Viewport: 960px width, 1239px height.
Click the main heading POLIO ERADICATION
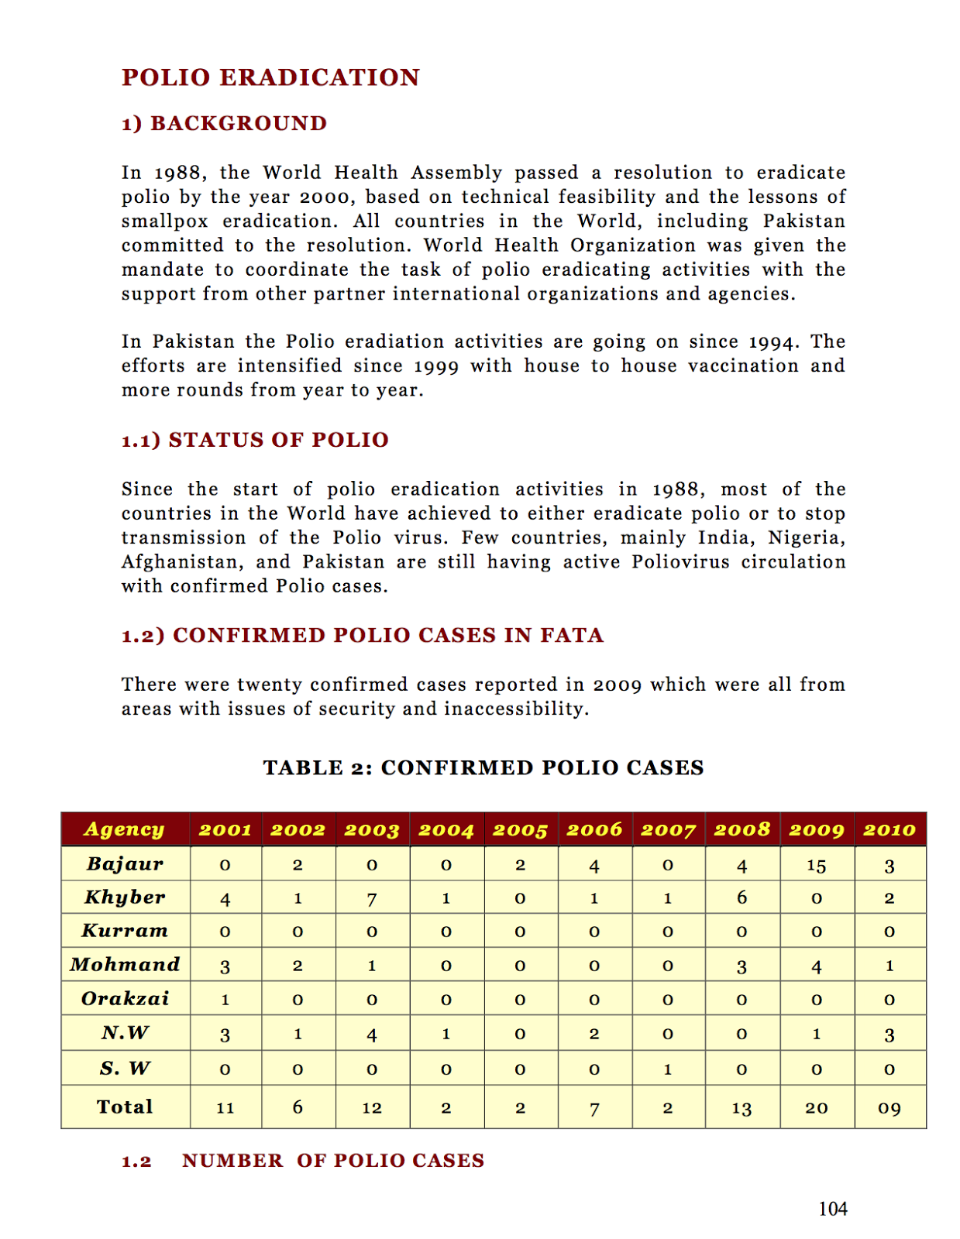[x=270, y=77]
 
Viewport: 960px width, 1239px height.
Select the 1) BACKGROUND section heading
[x=224, y=123]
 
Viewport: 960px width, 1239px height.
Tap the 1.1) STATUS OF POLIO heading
[x=255, y=440]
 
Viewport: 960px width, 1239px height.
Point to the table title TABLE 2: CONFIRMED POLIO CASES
[x=483, y=767]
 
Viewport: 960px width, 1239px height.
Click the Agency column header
[x=125, y=829]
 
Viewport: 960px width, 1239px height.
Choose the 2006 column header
[x=594, y=829]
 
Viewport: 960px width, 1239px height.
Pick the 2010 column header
[x=889, y=829]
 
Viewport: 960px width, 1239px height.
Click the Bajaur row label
[x=125, y=863]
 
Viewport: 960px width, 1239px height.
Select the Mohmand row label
[x=125, y=965]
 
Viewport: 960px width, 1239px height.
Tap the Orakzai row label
[x=125, y=998]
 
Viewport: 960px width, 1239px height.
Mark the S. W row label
[x=125, y=1069]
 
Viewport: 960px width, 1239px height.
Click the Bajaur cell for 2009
[x=816, y=865]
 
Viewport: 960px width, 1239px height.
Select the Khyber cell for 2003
[x=372, y=898]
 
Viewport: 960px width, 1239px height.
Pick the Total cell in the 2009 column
[x=816, y=1108]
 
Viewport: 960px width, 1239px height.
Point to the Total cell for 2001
[x=225, y=1108]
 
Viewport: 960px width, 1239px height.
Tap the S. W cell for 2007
[x=668, y=1069]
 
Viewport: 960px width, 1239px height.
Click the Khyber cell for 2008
[x=742, y=898]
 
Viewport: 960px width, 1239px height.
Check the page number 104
[x=832, y=1209]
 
